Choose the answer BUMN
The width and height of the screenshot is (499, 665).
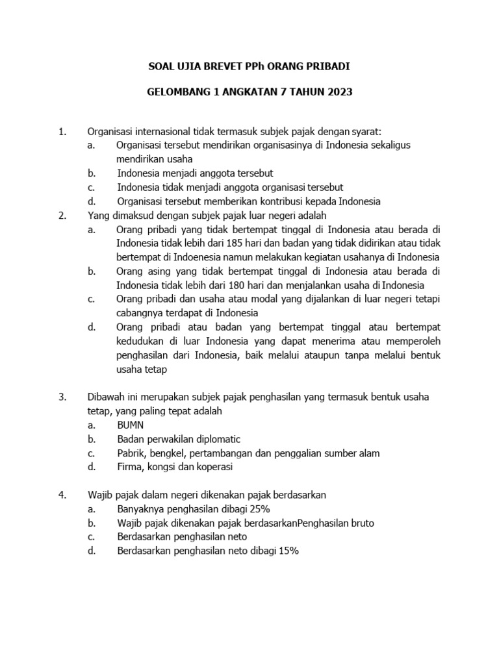pyautogui.click(x=131, y=425)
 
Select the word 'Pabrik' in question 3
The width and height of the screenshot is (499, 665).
pyautogui.click(x=131, y=453)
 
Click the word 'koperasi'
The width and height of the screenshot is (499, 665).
pyautogui.click(x=212, y=467)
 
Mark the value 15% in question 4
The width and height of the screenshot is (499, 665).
pyautogui.click(x=285, y=551)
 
